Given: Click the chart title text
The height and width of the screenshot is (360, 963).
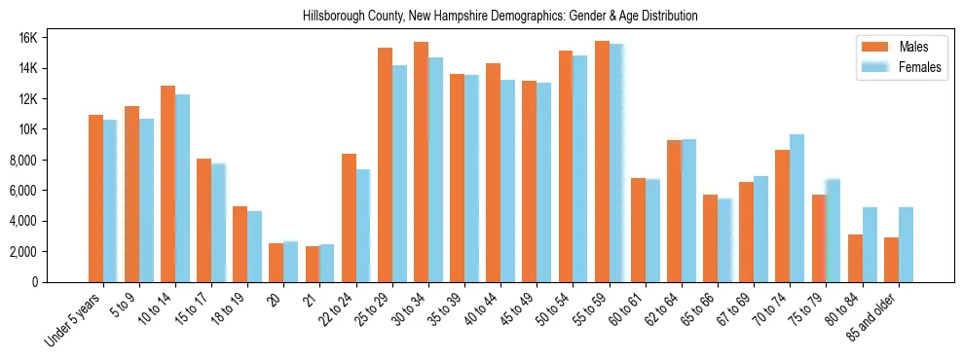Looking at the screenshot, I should pos(500,17).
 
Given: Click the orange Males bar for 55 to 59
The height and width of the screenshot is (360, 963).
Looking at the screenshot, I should pos(602,162).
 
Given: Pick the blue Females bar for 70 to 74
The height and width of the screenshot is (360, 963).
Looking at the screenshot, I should pos(796,208).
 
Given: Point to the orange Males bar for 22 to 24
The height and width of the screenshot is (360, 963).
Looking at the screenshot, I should pos(349,218).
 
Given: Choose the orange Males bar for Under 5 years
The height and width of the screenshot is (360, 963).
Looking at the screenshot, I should pos(95,198).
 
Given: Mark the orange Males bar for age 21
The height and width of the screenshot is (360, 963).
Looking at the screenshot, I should pos(313,264).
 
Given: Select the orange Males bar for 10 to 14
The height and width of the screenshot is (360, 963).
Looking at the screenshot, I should pos(167,184).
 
